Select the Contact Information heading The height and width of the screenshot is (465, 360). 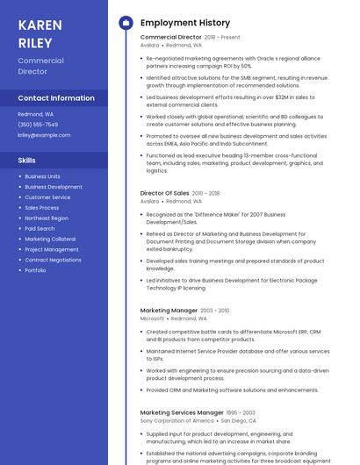click(x=56, y=98)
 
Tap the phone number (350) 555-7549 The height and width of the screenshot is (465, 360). click(x=38, y=125)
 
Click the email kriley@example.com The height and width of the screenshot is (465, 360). click(x=44, y=135)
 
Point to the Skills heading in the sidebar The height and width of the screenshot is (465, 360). click(x=27, y=161)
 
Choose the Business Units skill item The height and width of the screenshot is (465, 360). click(x=42, y=176)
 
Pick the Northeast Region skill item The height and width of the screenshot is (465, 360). click(x=47, y=218)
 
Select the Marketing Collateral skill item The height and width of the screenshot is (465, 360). click(x=50, y=239)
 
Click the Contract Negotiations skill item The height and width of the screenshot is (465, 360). click(x=53, y=260)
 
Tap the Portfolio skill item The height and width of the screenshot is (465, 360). click(x=35, y=270)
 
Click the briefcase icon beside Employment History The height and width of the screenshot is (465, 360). click(x=126, y=23)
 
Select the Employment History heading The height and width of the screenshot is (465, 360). click(x=185, y=23)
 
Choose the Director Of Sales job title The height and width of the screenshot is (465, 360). click(x=164, y=193)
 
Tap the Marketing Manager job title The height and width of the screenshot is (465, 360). click(x=169, y=311)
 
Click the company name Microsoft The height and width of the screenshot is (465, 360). click(x=152, y=318)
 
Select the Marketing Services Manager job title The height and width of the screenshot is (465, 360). click(x=182, y=412)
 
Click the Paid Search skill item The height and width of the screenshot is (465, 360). click(x=40, y=228)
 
